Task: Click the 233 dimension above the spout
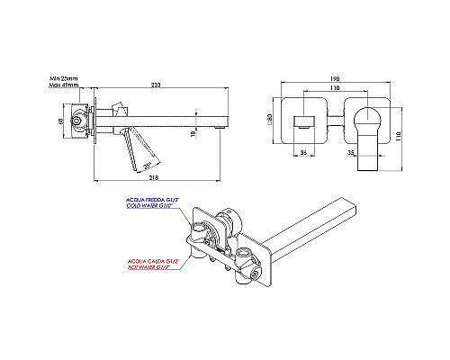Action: click(157, 85)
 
